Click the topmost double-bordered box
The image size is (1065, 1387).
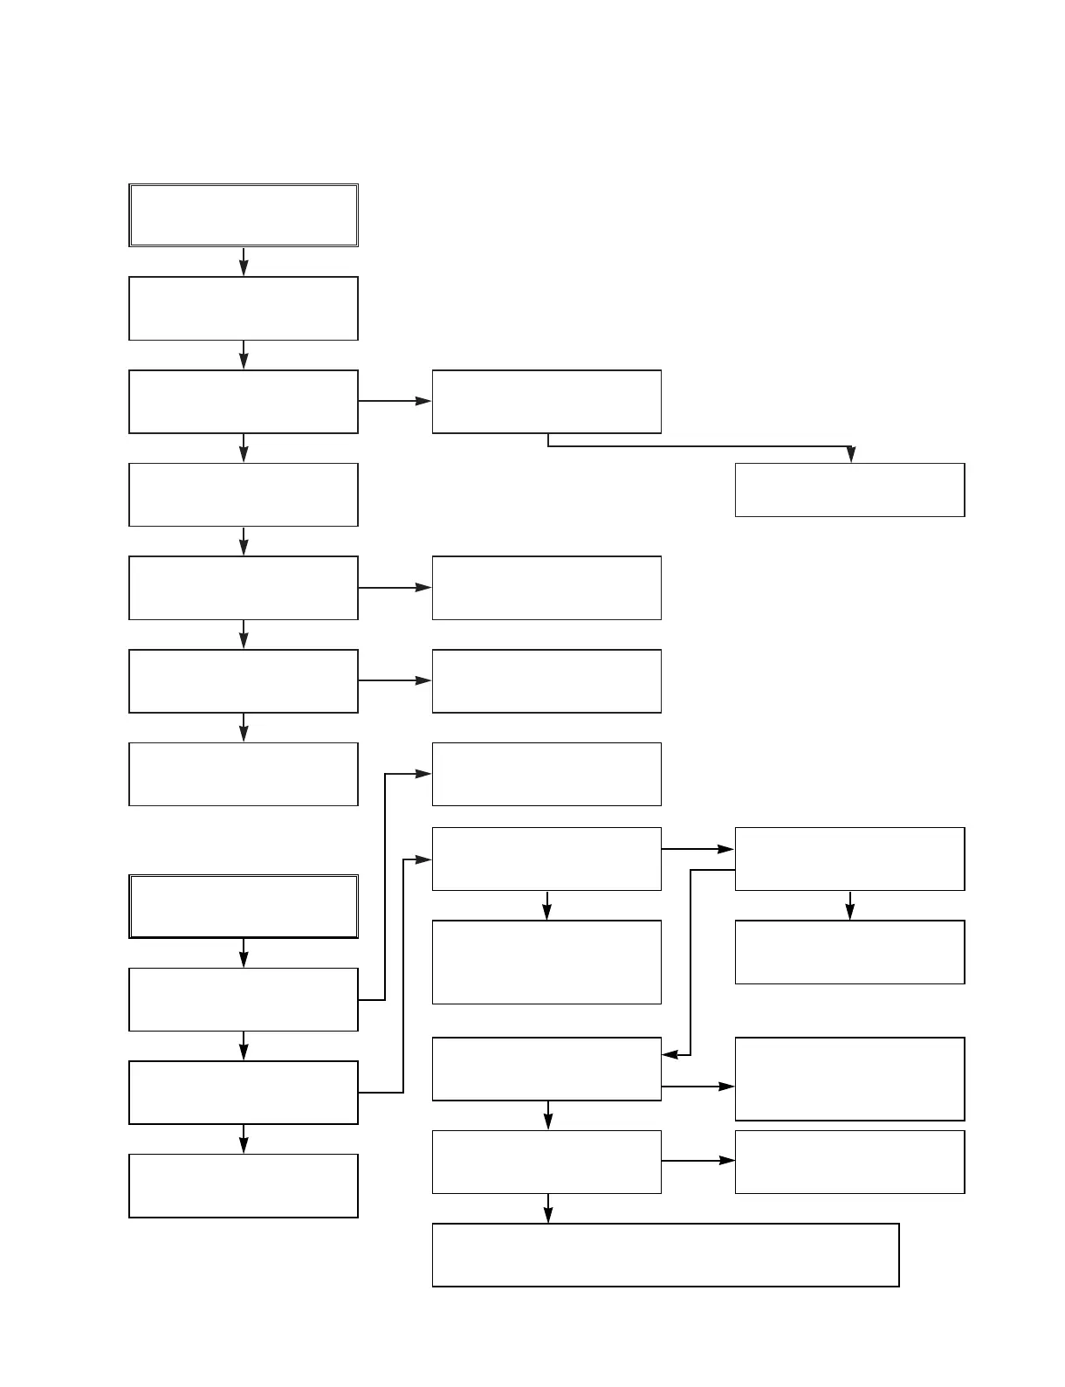(x=244, y=215)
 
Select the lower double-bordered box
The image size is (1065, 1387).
(x=244, y=907)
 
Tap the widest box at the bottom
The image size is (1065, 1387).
(x=665, y=1255)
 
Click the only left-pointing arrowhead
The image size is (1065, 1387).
(x=670, y=1055)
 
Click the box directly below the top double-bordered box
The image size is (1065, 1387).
(x=244, y=308)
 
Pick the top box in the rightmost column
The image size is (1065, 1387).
(x=849, y=490)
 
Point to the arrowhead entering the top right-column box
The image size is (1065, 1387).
(x=850, y=455)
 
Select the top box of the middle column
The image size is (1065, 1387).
(x=546, y=402)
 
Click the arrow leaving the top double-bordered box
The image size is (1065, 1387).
(x=244, y=261)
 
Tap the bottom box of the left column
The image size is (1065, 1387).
(x=244, y=1186)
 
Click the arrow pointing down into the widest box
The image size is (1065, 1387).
(x=548, y=1210)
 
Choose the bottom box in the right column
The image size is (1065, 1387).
(x=849, y=1162)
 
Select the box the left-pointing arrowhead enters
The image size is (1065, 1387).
(x=546, y=1069)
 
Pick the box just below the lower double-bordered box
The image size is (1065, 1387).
(x=244, y=999)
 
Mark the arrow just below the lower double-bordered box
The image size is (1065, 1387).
(x=244, y=953)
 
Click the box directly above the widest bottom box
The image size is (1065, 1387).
(x=546, y=1162)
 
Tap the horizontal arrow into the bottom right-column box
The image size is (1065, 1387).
(x=698, y=1161)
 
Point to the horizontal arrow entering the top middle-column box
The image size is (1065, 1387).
(x=395, y=401)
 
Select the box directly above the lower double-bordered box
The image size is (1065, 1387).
(x=244, y=774)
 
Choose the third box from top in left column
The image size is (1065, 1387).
(x=244, y=402)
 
